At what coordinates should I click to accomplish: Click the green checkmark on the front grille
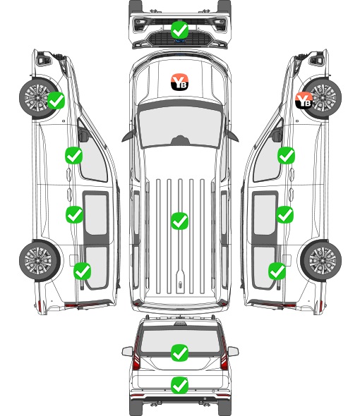(x=180, y=30)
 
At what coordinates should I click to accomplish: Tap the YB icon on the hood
(x=179, y=82)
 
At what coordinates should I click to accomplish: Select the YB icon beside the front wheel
(x=304, y=100)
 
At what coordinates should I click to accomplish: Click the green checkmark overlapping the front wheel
(x=56, y=100)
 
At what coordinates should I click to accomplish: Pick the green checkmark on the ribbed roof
(x=179, y=221)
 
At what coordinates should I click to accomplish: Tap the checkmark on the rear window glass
(x=179, y=353)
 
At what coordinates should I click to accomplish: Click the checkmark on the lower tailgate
(x=179, y=385)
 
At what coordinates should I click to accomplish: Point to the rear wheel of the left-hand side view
(x=39, y=260)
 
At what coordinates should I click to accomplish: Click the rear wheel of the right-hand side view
(x=321, y=260)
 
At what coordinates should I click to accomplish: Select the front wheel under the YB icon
(x=323, y=98)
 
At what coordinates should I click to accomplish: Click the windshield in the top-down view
(x=180, y=126)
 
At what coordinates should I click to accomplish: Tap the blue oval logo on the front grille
(x=180, y=41)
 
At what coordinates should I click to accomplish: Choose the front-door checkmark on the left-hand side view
(x=74, y=155)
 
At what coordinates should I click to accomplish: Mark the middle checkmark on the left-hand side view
(x=74, y=214)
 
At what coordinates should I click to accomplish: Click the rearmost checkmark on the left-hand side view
(x=83, y=271)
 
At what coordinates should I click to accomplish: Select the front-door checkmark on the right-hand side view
(x=286, y=155)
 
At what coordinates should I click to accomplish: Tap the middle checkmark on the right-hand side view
(x=284, y=214)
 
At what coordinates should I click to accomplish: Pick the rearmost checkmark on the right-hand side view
(x=277, y=271)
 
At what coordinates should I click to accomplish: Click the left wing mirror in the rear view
(x=127, y=351)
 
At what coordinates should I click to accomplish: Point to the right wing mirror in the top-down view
(x=232, y=135)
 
